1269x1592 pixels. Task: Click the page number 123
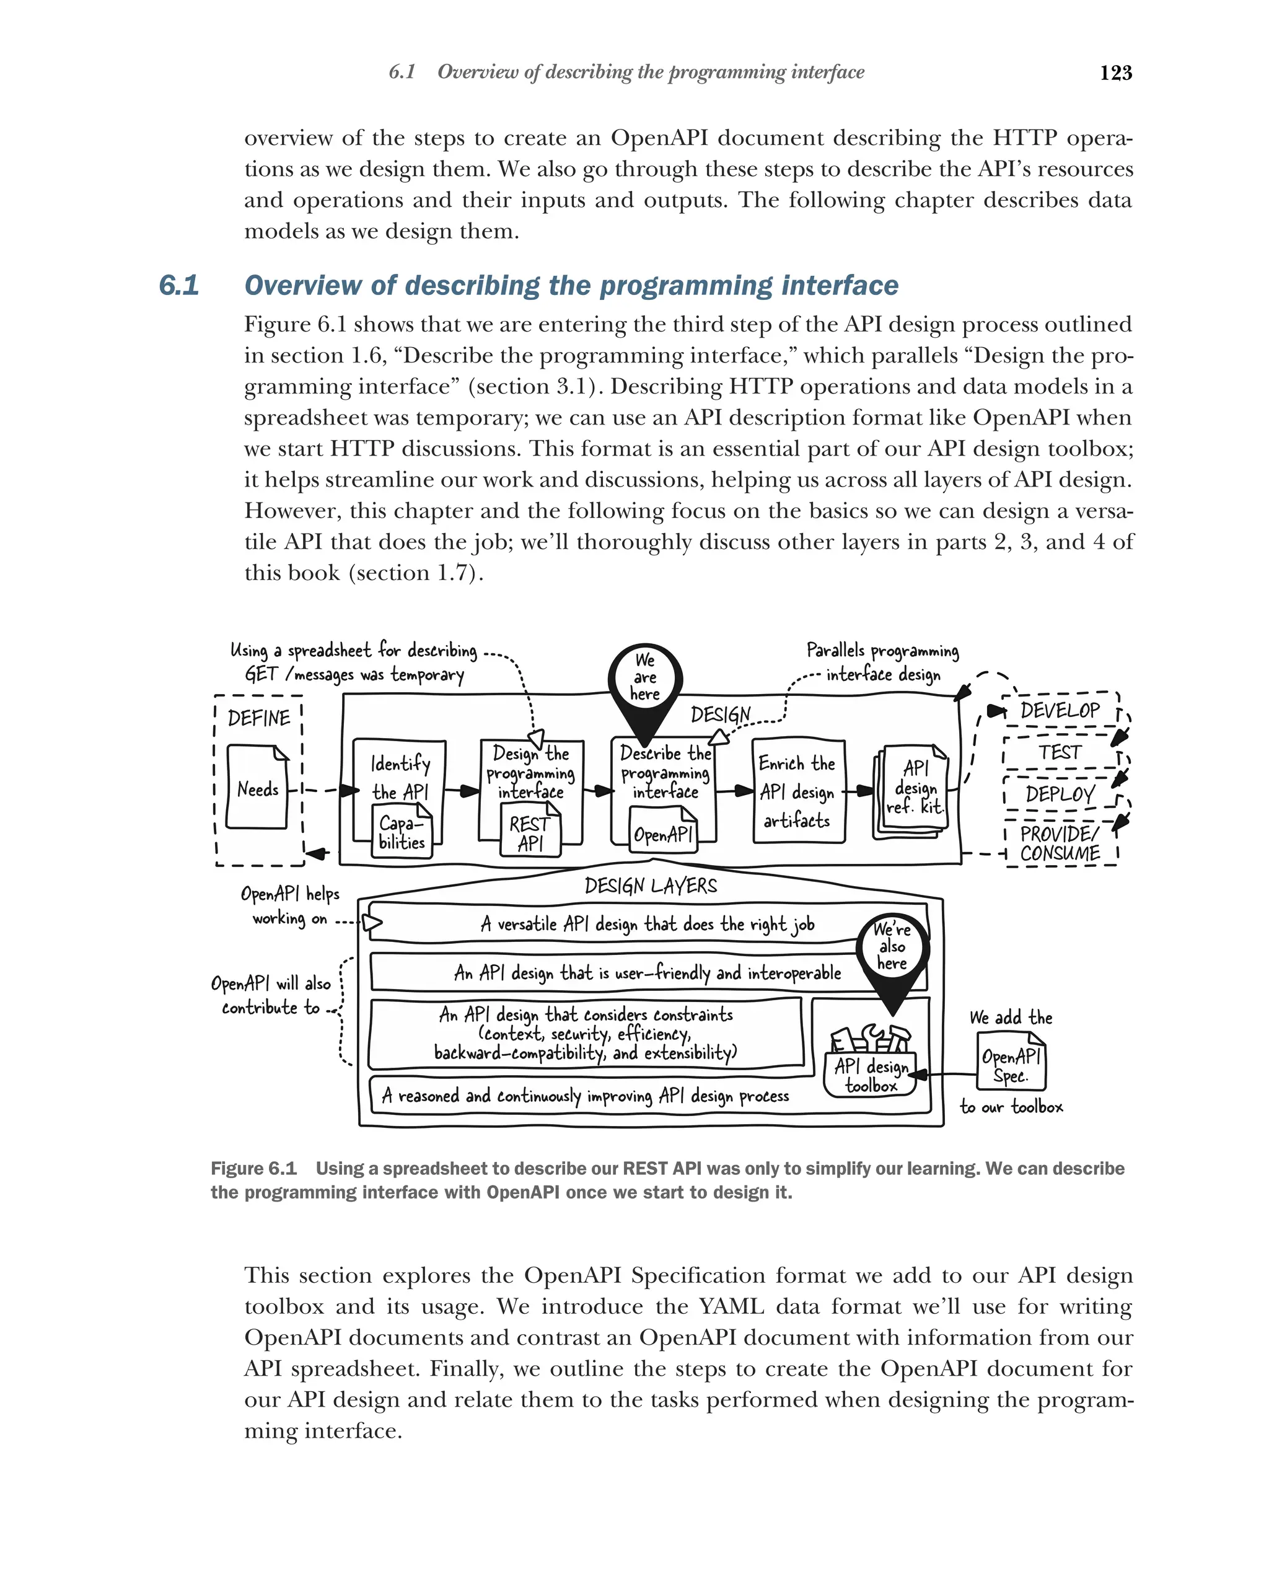[1115, 73]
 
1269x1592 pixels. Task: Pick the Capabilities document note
[402, 832]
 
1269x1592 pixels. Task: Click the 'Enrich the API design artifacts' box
[798, 791]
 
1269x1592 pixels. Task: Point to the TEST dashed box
[1060, 752]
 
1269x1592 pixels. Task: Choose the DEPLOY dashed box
[1060, 794]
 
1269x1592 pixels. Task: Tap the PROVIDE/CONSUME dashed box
[1060, 843]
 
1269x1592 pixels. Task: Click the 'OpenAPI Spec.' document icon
[1011, 1063]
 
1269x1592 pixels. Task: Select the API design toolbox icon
[871, 1064]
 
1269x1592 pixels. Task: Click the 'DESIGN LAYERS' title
[651, 886]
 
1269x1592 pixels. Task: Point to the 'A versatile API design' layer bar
[647, 923]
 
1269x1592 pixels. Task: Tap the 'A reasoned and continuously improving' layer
[585, 1096]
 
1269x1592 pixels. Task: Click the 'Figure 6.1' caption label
[253, 1168]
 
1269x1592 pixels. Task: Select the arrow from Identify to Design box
[463, 791]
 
